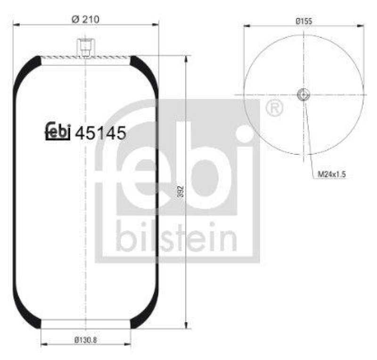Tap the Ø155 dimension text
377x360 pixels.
point(304,21)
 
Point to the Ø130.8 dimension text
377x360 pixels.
point(85,339)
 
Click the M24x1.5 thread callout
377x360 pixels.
point(331,174)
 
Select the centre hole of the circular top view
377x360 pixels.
point(303,95)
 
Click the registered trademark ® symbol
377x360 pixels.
point(275,109)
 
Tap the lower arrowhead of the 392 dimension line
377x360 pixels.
point(187,325)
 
